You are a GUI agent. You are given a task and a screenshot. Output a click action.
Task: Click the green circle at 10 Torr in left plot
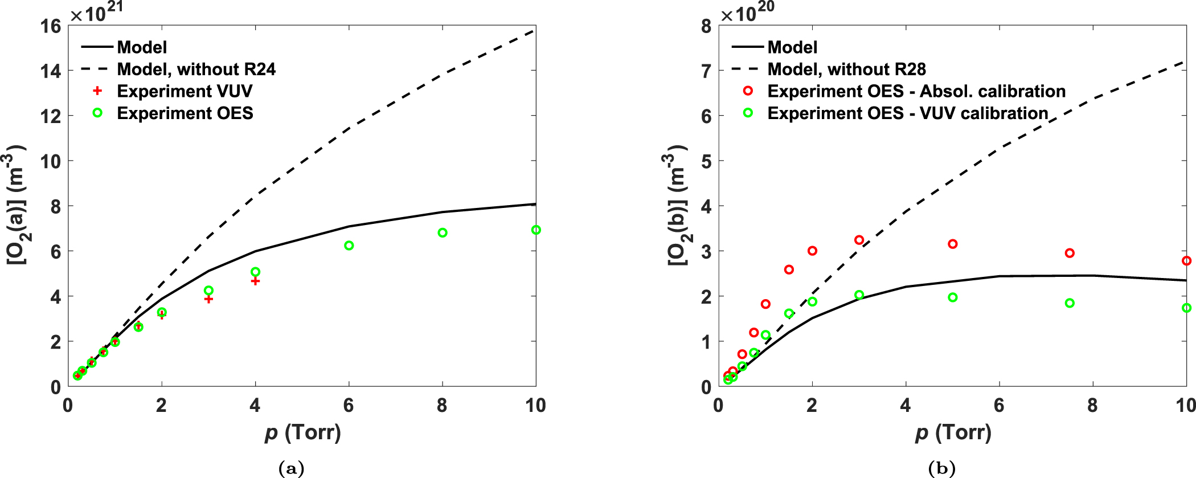535,230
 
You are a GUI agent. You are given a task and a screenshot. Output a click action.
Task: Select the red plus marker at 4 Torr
255,281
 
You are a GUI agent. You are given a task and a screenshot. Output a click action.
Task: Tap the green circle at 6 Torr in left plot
349,246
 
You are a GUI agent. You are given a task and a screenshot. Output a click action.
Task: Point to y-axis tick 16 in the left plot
51,26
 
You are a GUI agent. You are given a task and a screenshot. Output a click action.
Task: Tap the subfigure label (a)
291,468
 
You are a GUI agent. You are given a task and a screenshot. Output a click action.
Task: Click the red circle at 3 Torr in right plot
859,240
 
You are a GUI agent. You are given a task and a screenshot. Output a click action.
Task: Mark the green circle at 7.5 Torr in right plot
1070,303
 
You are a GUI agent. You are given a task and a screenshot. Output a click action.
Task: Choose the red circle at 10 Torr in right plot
1186,261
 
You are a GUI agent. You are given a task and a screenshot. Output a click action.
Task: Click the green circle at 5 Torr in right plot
953,297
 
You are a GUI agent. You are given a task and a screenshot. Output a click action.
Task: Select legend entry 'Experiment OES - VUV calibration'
907,113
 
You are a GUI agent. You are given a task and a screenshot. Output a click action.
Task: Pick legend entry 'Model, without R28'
846,70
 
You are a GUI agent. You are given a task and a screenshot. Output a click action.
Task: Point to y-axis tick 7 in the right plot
706,71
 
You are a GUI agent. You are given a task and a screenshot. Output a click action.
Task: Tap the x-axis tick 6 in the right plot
999,406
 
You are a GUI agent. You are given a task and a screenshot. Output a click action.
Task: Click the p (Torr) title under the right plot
953,433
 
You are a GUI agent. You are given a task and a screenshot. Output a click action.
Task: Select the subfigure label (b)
941,468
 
